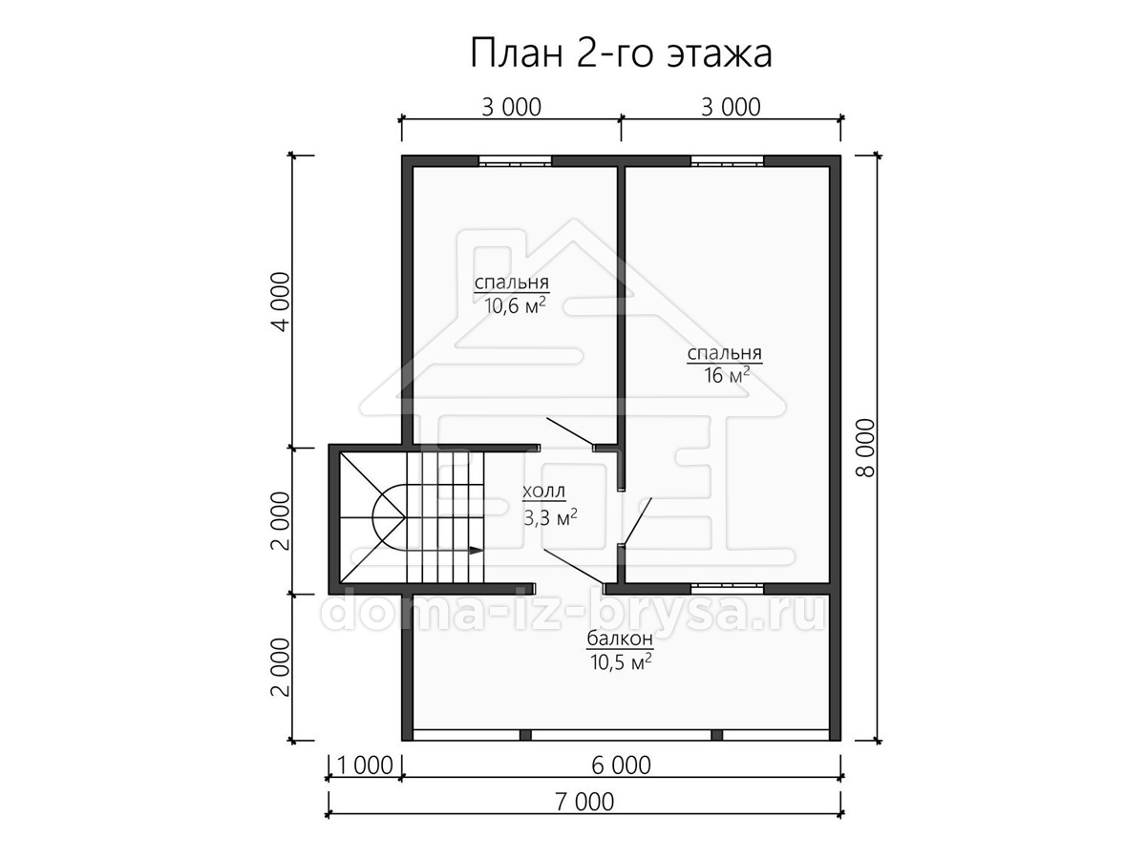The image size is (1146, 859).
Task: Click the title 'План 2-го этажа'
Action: tap(621, 54)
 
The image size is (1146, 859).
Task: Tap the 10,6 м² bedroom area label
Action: tap(516, 305)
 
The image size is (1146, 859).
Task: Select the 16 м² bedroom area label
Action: tap(727, 374)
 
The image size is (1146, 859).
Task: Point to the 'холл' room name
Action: tap(543, 492)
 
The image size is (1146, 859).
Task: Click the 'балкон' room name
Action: tap(620, 639)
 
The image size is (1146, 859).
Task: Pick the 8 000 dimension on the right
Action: tap(865, 448)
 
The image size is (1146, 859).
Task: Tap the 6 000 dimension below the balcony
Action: tap(622, 765)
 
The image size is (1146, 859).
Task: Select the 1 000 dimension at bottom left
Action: tap(365, 765)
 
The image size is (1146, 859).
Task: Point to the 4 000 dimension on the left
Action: tap(280, 302)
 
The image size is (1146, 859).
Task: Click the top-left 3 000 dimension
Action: tap(511, 108)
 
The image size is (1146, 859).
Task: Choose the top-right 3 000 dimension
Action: tap(731, 108)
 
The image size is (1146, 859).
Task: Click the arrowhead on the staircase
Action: tap(476, 550)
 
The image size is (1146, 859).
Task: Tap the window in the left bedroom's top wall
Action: tap(516, 161)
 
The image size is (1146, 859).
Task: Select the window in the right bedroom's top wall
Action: tap(728, 161)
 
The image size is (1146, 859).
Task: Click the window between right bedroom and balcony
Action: tap(728, 589)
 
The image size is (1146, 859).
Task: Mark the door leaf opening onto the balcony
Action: tap(574, 567)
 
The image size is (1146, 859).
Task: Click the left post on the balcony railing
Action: tap(525, 735)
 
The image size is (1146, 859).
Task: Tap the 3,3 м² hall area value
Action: tap(550, 518)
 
